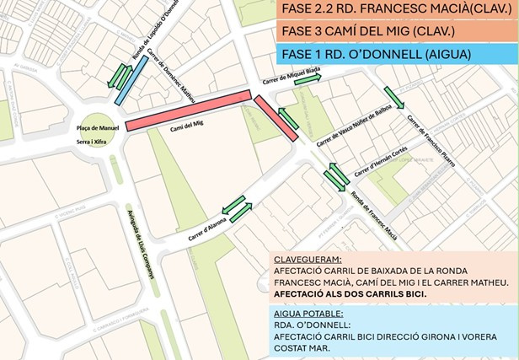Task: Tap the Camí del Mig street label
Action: tap(188, 125)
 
